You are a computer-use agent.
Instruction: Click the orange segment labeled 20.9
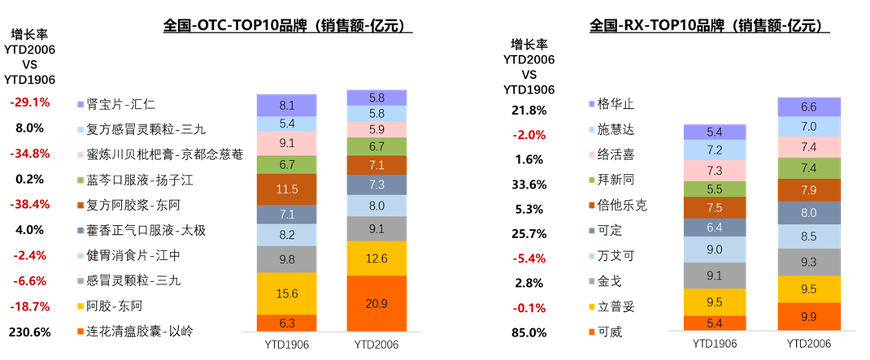tap(376, 303)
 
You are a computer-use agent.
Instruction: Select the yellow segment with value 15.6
tap(286, 293)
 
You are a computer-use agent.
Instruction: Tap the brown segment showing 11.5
tap(286, 189)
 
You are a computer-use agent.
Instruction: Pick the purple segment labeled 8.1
tap(286, 106)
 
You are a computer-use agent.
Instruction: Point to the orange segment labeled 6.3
tap(286, 323)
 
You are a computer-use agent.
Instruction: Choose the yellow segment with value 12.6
tap(376, 258)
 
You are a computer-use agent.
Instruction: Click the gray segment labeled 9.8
tap(286, 259)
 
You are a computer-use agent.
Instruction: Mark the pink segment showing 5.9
tap(376, 129)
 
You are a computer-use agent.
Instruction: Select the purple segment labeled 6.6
tap(809, 106)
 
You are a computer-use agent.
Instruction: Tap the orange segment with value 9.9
tap(809, 316)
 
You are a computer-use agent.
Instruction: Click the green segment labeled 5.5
tap(715, 189)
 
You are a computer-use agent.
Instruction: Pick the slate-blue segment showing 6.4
tap(715, 228)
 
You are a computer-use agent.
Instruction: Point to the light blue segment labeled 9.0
tap(715, 249)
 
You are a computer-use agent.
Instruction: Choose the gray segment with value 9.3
tap(809, 262)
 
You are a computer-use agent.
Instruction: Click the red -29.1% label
tap(30, 103)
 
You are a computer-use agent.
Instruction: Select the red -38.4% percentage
tap(30, 205)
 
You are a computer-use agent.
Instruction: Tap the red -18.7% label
tap(30, 306)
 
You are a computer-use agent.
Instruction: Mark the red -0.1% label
tap(529, 308)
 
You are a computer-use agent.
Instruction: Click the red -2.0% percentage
tap(529, 135)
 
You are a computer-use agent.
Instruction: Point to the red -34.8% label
tap(30, 154)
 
